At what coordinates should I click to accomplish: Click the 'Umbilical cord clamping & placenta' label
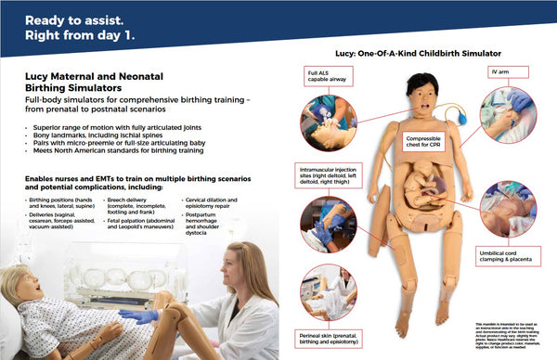point(507,255)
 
